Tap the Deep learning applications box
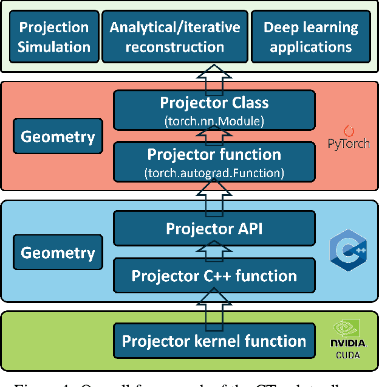(x=310, y=37)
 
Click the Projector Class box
(x=214, y=110)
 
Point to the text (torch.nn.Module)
(x=214, y=120)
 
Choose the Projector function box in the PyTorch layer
(x=214, y=161)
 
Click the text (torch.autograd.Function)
(x=214, y=173)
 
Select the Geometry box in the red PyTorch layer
(x=58, y=136)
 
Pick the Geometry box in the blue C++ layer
(x=58, y=253)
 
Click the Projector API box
(x=214, y=228)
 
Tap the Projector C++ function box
(x=214, y=276)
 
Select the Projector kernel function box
(x=214, y=340)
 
